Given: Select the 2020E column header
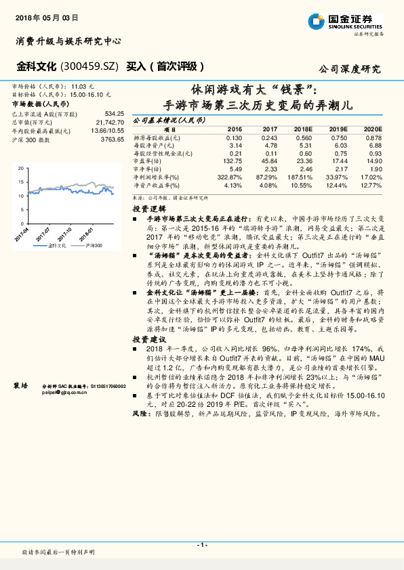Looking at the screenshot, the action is coord(371,129).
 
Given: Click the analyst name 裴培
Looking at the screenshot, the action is coord(20,385).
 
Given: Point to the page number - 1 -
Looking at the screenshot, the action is coord(201,545).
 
